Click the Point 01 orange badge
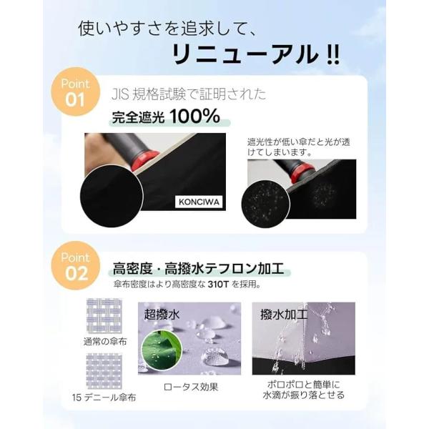75,92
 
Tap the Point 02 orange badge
75,265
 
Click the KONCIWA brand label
199,202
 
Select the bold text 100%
194,116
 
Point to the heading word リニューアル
245,54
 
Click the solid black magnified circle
112,196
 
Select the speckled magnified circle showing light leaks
266,204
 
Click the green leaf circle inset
162,350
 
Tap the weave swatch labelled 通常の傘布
104,316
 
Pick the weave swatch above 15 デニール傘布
104,372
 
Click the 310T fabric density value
218,285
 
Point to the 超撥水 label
162,315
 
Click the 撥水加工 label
284,315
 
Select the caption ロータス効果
191,387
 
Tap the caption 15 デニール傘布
104,398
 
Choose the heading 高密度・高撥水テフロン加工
198,268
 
